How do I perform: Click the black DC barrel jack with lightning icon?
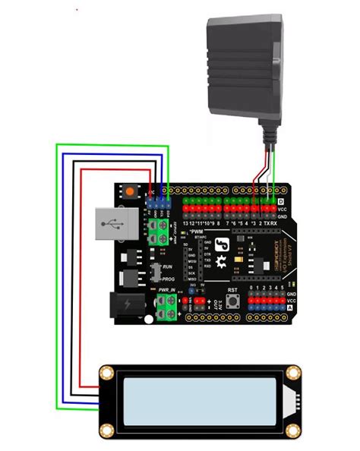pyautogui.click(x=126, y=305)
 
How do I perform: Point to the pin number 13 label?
pyautogui.click(x=185, y=223)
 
